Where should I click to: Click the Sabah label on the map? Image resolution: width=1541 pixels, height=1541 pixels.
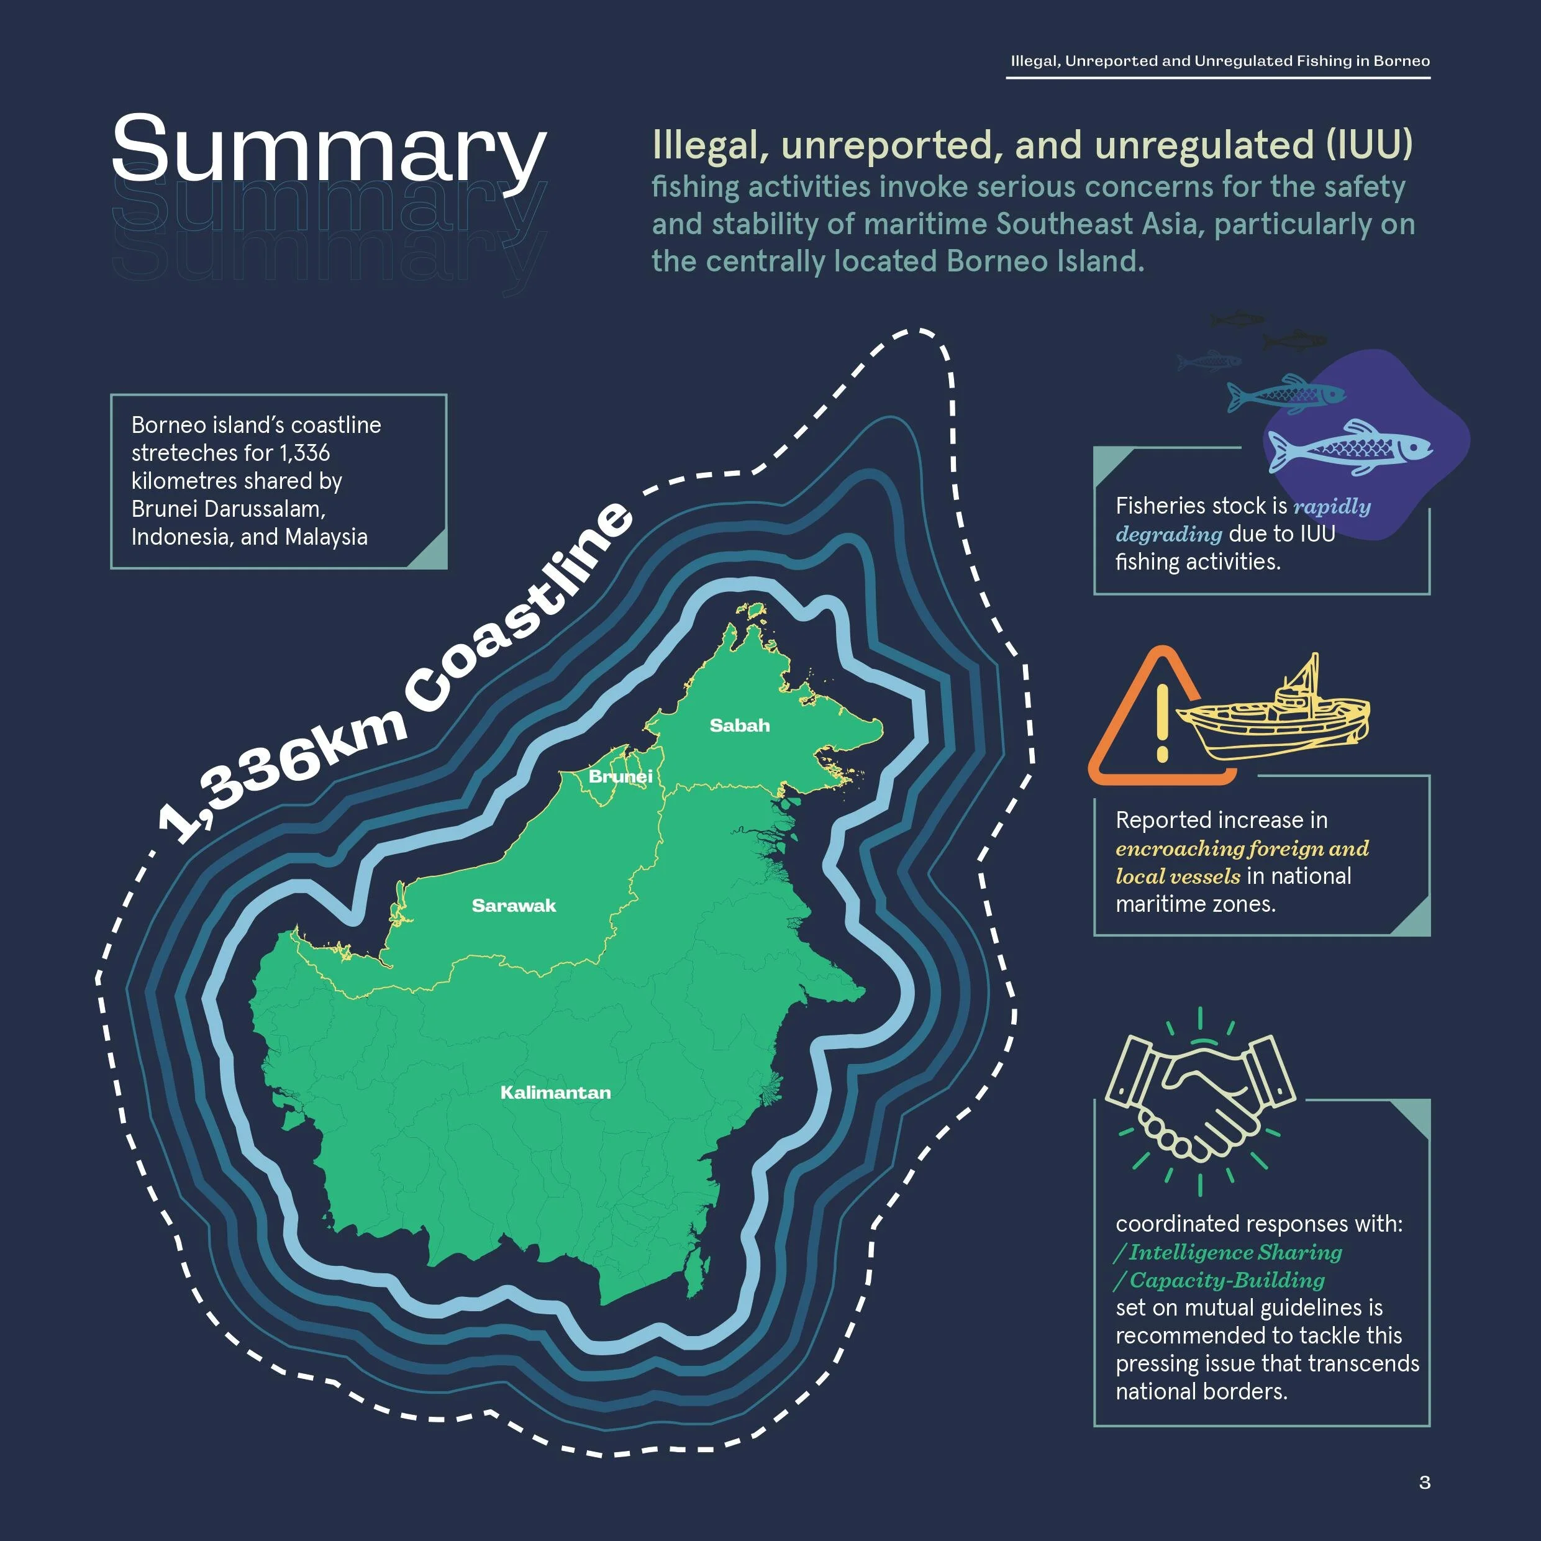tap(739, 725)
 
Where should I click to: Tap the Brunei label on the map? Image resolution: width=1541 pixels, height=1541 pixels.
tap(620, 776)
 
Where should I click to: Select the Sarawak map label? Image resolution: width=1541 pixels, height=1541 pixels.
tap(514, 906)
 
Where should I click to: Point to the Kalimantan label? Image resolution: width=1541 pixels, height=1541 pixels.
tap(555, 1092)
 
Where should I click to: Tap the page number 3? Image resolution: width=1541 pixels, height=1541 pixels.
tap(1425, 1482)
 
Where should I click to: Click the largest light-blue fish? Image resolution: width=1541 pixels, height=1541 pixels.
tap(1350, 448)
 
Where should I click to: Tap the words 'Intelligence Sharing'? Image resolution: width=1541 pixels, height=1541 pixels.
tap(1235, 1252)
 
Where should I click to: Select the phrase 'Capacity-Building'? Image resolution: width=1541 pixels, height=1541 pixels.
tap(1227, 1280)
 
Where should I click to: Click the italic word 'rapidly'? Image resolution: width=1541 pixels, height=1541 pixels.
tap(1332, 506)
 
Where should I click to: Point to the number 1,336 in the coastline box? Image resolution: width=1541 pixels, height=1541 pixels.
tap(304, 453)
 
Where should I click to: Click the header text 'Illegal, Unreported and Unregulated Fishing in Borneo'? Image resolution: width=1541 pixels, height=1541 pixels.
tap(1219, 61)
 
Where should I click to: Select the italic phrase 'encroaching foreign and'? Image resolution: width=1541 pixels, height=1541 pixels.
tap(1242, 848)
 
